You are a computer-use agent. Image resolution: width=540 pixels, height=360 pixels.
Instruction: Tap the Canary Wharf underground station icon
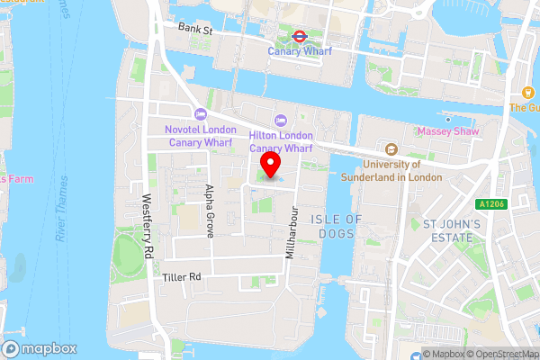point(299,37)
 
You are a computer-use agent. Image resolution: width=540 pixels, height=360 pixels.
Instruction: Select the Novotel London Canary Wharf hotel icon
point(200,113)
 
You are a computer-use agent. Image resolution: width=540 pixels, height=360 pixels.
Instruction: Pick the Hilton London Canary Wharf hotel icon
point(280,120)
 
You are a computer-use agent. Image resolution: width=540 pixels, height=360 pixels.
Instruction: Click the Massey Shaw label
point(448,132)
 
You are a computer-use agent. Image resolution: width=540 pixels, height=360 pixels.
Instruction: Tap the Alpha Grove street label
point(210,211)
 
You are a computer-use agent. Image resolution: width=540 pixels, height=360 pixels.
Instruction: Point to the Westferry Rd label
point(149,222)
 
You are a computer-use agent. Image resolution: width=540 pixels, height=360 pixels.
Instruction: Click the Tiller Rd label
point(181,277)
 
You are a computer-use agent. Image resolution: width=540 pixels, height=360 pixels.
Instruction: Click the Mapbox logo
point(40,348)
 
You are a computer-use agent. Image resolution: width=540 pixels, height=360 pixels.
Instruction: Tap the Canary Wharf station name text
point(300,51)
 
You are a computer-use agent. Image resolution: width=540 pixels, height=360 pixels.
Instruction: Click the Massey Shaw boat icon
point(447,118)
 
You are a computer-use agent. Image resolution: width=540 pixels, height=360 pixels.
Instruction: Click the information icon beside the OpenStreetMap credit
point(427,353)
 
